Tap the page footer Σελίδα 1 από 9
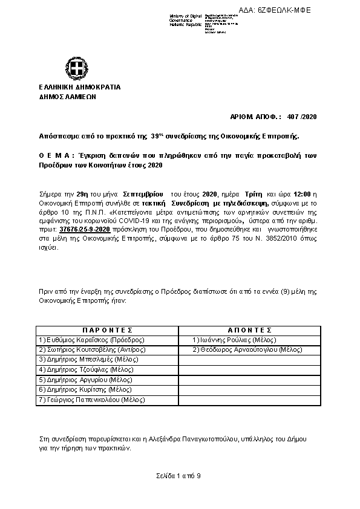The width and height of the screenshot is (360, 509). pyautogui.click(x=177, y=477)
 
